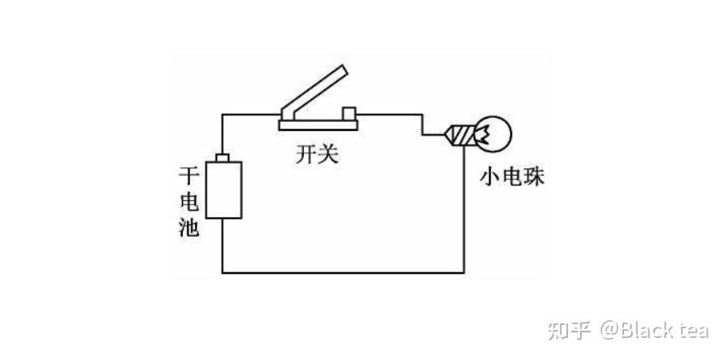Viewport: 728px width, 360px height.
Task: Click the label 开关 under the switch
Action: click(317, 154)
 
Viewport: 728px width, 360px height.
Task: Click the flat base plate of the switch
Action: click(318, 124)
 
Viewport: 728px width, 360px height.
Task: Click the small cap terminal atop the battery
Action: click(223, 155)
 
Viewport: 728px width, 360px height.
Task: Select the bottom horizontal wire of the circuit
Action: click(341, 272)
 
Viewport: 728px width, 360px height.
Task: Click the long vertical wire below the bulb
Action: click(464, 211)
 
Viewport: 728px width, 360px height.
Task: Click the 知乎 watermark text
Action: click(569, 330)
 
